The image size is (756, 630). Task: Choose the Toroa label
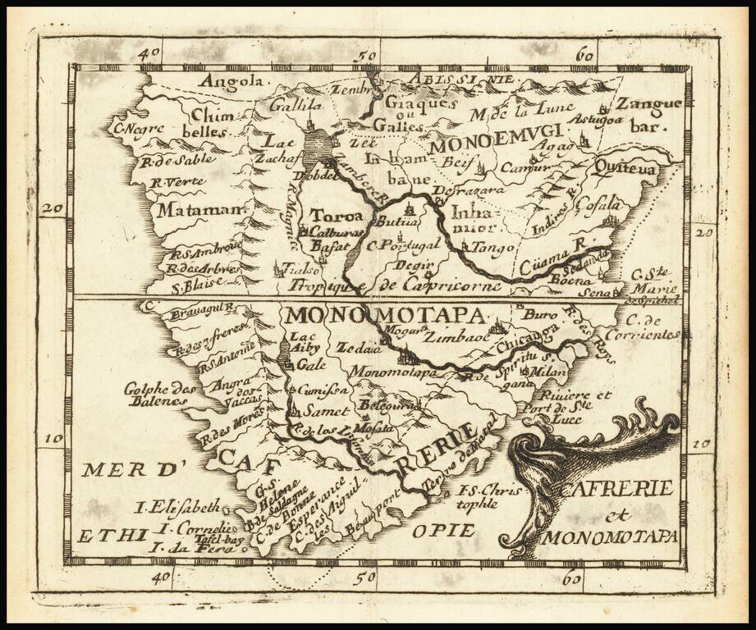click(x=336, y=216)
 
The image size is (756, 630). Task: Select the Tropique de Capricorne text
click(x=394, y=286)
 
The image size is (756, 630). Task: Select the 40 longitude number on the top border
click(x=149, y=53)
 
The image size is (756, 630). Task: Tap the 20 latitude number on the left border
click(x=53, y=208)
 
